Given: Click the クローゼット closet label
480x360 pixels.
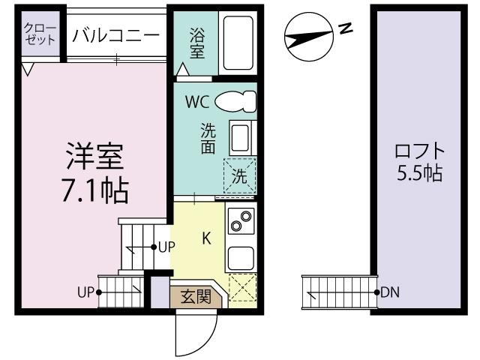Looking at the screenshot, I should (x=40, y=34).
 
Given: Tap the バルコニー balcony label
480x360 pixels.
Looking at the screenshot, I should (x=116, y=34).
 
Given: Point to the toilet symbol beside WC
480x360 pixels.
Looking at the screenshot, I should (x=235, y=101).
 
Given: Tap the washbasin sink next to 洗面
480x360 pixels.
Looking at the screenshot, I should (x=241, y=139).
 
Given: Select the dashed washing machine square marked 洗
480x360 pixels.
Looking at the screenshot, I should (x=239, y=175).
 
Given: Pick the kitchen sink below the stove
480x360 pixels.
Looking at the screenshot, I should (x=241, y=259).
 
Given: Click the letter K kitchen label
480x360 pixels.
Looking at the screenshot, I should (x=207, y=239).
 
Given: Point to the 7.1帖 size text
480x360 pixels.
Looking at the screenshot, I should (x=94, y=191).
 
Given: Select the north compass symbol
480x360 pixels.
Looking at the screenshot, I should (x=309, y=35).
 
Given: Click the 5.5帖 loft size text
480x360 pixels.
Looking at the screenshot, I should (x=418, y=174).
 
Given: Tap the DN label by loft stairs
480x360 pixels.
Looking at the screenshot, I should (x=389, y=292).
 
